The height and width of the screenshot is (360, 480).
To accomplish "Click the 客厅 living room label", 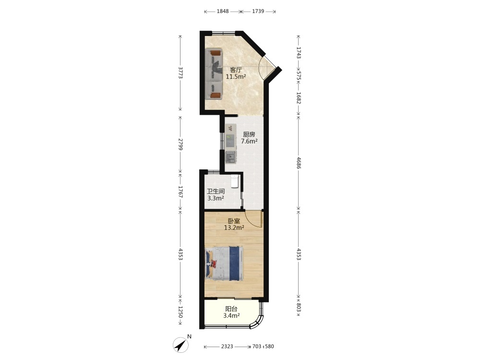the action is click(x=236, y=70).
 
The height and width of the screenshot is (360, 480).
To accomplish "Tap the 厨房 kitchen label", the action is click(x=249, y=134).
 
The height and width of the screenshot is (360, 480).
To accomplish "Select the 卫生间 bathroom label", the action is click(x=216, y=192).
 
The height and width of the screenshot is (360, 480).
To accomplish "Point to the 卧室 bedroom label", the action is click(x=234, y=221).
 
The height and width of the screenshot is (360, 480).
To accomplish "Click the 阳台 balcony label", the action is click(x=231, y=309).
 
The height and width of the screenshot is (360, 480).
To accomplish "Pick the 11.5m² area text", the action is click(x=236, y=77).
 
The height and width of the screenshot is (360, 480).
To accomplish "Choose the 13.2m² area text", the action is click(x=234, y=228).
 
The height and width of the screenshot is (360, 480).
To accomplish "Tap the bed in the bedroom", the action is click(x=224, y=263).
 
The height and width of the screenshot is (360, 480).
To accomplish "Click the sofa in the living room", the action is click(x=214, y=74).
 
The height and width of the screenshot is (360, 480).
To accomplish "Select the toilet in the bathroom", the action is click(x=235, y=180).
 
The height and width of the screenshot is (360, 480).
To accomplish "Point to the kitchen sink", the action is click(x=230, y=157).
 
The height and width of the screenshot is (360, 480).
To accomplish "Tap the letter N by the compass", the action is click(x=189, y=336).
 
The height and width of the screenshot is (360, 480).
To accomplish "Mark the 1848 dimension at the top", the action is click(x=223, y=12).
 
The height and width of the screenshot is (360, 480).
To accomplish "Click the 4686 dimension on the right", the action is click(x=299, y=163).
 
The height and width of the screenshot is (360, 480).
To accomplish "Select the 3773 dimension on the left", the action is click(x=180, y=73).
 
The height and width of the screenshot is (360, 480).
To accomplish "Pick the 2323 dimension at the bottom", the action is click(x=227, y=347).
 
